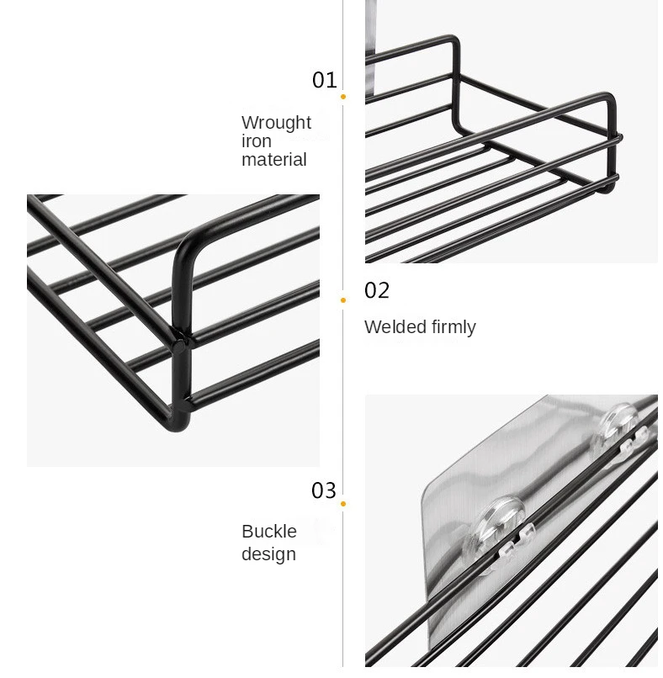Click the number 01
click(324, 80)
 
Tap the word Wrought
click(276, 123)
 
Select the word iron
click(256, 141)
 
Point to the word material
click(273, 160)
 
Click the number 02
click(377, 291)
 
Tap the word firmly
click(453, 327)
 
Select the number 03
click(324, 490)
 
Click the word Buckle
click(269, 532)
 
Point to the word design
click(268, 554)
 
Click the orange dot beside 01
click(343, 97)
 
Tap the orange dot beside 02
click(343, 299)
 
